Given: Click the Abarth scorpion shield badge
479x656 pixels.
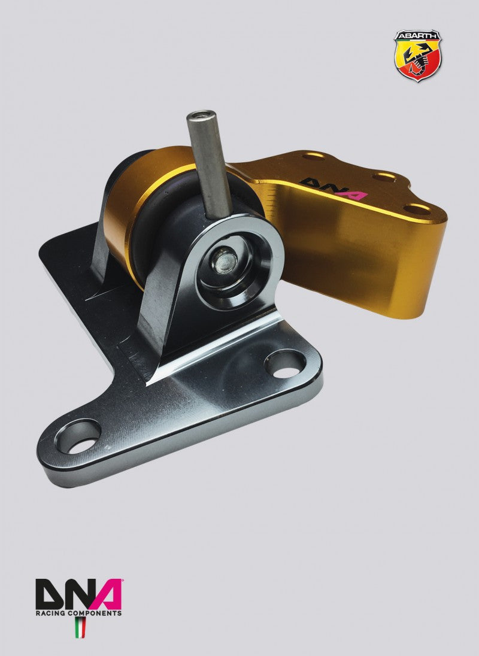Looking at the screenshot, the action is point(417,56).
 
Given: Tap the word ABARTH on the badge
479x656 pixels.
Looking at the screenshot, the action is point(417,37).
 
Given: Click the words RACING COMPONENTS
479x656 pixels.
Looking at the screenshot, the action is point(78,613).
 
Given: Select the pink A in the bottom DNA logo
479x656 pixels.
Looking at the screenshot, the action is point(107,594).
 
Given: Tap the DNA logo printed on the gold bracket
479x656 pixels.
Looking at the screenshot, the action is point(334,189).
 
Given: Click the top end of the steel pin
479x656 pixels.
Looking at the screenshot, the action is point(201,114).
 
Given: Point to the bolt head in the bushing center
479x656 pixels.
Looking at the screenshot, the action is point(226,260).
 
